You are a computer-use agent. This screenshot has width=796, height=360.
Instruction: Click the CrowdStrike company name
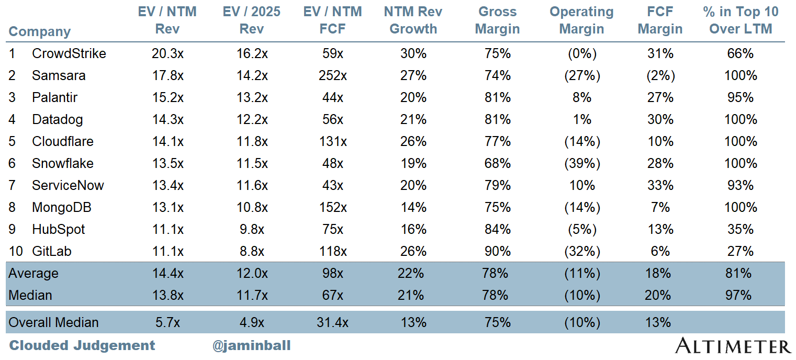69,53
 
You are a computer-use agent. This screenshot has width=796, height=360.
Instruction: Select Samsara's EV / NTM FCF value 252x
332,75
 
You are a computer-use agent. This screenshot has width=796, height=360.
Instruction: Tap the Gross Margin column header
497,20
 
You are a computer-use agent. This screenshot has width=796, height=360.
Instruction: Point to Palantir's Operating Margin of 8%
581,97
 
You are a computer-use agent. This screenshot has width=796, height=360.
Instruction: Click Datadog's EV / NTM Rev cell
167,119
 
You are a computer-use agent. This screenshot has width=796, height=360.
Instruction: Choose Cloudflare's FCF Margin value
660,141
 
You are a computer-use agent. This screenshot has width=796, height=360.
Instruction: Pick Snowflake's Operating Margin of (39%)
581,163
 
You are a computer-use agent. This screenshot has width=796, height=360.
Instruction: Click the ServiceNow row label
68,185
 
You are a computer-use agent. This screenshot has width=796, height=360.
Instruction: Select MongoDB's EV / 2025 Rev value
251,207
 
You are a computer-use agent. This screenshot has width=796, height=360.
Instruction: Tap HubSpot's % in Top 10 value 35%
740,229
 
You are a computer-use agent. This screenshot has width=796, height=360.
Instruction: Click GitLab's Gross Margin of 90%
497,251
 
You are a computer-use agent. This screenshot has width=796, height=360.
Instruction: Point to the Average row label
33,273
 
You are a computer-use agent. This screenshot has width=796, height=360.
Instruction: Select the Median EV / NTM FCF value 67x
332,295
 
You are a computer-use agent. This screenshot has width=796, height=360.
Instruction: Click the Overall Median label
53,322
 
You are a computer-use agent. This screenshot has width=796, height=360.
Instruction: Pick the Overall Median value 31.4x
332,322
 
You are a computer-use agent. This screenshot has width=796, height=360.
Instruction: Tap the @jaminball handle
251,345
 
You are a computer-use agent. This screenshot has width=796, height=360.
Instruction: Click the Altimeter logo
733,346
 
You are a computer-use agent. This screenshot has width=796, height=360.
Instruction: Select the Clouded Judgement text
82,345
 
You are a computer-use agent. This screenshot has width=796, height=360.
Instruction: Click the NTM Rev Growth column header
413,20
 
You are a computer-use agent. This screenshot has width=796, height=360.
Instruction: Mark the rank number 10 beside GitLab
16,251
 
